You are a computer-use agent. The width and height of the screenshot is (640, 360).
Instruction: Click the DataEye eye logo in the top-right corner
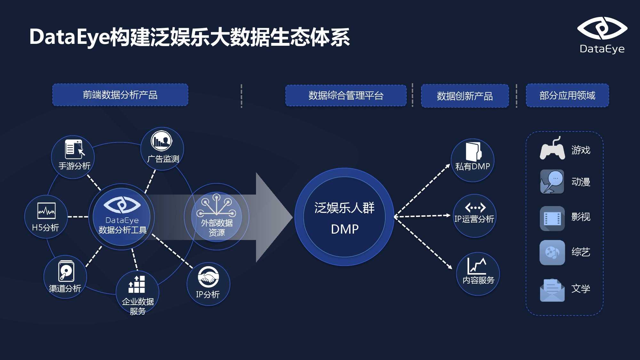[602, 28]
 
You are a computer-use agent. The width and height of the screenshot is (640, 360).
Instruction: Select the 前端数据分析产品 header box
[120, 95]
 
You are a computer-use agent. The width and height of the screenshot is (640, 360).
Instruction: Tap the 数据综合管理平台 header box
[346, 95]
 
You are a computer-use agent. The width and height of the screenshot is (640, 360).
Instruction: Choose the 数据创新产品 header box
[465, 96]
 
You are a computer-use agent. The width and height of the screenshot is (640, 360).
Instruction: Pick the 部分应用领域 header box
[567, 95]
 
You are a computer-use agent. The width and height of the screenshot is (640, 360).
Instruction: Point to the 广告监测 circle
[162, 149]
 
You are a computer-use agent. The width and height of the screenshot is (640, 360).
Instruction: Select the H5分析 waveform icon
[46, 211]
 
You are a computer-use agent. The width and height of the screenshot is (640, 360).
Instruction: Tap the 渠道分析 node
[65, 277]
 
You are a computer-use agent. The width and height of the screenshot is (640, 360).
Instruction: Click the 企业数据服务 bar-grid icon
[137, 284]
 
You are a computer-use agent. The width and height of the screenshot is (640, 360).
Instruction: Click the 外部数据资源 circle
[217, 217]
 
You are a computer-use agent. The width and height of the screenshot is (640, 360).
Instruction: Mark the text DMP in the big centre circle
[345, 229]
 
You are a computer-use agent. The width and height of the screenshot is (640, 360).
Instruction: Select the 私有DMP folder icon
[473, 151]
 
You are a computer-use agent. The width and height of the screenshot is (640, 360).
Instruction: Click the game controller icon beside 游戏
[552, 149]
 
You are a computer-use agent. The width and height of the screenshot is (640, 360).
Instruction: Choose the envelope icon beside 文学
[552, 290]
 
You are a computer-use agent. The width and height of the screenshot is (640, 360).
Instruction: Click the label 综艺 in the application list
[581, 252]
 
